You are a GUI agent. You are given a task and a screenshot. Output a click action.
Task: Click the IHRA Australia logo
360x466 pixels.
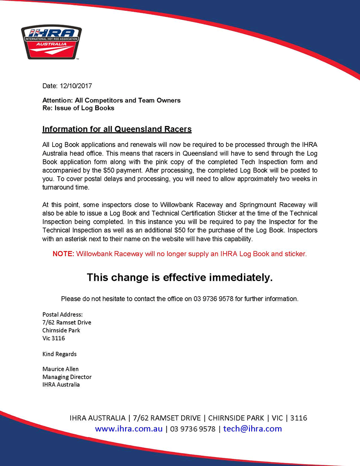51,42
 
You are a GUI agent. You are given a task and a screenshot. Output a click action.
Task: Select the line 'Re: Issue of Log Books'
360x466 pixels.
78,108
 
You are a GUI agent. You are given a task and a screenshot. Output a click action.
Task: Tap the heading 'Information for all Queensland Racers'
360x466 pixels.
117,129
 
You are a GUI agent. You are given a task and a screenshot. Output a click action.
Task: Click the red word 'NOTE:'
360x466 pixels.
63,254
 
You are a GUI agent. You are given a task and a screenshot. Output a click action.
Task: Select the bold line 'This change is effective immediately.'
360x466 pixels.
180,277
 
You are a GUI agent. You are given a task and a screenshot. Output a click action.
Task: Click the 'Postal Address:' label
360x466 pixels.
63,314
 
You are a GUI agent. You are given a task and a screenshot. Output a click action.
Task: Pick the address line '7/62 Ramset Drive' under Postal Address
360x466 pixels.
66,322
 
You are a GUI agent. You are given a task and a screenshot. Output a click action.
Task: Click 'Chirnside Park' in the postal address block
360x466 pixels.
61,330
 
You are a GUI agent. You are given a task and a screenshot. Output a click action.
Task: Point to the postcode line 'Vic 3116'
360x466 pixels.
54,338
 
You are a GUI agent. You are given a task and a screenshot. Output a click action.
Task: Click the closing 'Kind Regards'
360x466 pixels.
60,354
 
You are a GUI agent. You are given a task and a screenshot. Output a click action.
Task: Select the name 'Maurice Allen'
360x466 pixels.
61,369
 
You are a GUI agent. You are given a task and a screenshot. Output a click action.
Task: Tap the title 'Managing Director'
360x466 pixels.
67,377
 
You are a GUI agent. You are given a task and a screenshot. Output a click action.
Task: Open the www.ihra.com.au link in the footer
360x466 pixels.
129,429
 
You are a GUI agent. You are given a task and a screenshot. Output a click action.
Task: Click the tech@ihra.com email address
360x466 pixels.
253,429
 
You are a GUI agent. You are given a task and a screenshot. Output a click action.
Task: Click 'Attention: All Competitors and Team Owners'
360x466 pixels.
112,100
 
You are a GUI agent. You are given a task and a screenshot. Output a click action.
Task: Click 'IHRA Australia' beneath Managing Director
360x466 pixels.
61,385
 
